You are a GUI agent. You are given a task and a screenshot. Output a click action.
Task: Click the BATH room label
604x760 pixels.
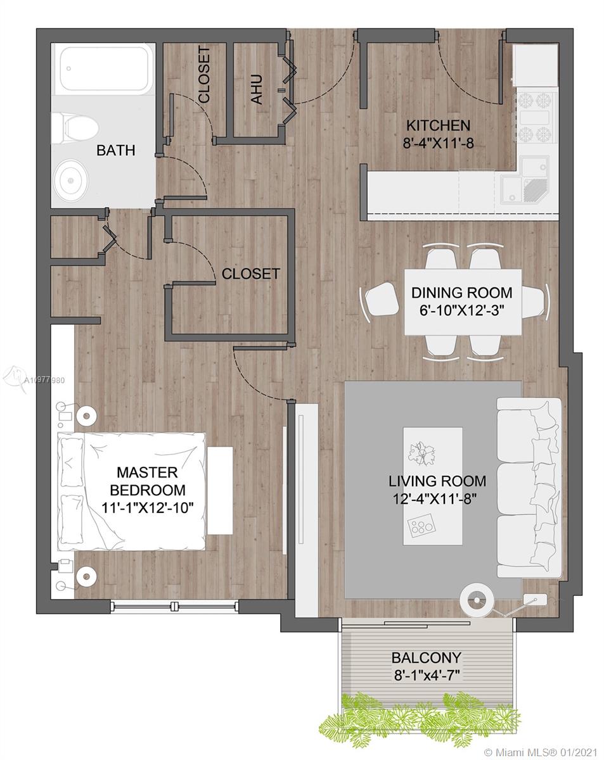(x=115, y=151)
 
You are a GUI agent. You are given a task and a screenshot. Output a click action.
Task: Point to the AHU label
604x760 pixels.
(x=257, y=89)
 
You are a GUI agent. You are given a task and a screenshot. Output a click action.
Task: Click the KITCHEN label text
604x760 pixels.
(x=438, y=125)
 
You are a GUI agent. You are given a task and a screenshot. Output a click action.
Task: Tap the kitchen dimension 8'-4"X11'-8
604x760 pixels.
(x=438, y=143)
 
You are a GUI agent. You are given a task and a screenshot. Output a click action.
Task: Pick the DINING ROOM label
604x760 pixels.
(x=461, y=293)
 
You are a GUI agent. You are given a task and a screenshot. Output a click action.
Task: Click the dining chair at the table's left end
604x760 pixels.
(x=380, y=301)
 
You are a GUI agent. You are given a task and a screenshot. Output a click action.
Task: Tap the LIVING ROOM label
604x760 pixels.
(x=437, y=481)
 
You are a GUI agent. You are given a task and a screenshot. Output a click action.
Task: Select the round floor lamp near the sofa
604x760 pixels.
(x=477, y=600)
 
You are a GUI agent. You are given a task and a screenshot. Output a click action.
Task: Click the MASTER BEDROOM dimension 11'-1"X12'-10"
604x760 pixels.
(x=148, y=507)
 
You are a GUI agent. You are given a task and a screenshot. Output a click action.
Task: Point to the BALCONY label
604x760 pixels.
(x=427, y=657)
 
